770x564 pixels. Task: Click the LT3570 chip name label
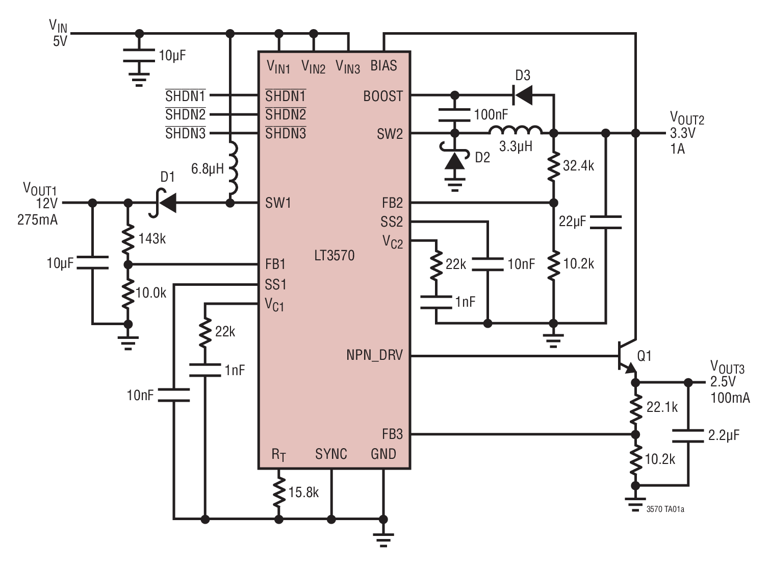click(334, 255)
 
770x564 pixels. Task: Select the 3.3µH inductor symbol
click(515, 131)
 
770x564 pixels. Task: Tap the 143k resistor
click(128, 238)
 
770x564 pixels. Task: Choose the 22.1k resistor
click(635, 408)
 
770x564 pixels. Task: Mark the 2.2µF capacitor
click(688, 435)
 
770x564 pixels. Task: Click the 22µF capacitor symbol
click(605, 222)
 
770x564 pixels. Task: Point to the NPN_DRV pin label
click(374, 355)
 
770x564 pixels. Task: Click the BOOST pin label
click(382, 96)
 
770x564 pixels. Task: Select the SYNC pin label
click(331, 454)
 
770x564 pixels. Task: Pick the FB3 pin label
click(392, 434)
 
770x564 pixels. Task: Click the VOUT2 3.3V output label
click(686, 127)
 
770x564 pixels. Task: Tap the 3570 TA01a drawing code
click(665, 509)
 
